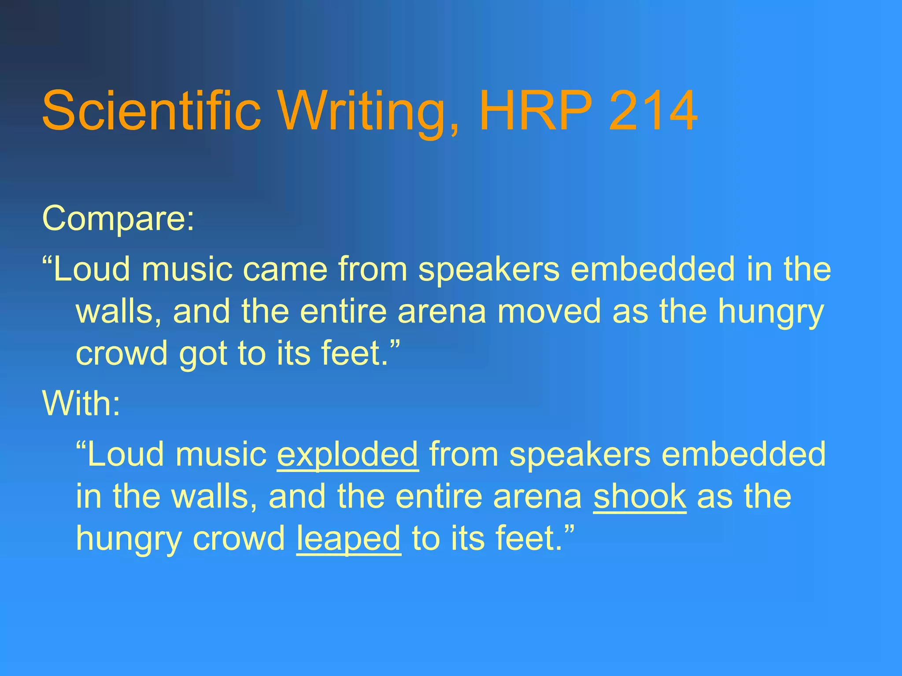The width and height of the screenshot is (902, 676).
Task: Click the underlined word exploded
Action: click(x=347, y=454)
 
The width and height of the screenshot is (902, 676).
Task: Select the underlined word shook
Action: click(x=640, y=496)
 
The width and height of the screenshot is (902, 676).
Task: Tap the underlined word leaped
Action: click(x=348, y=538)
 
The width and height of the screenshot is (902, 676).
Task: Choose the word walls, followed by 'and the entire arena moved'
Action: click(x=119, y=311)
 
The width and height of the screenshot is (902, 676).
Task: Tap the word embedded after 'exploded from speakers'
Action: click(x=744, y=454)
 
